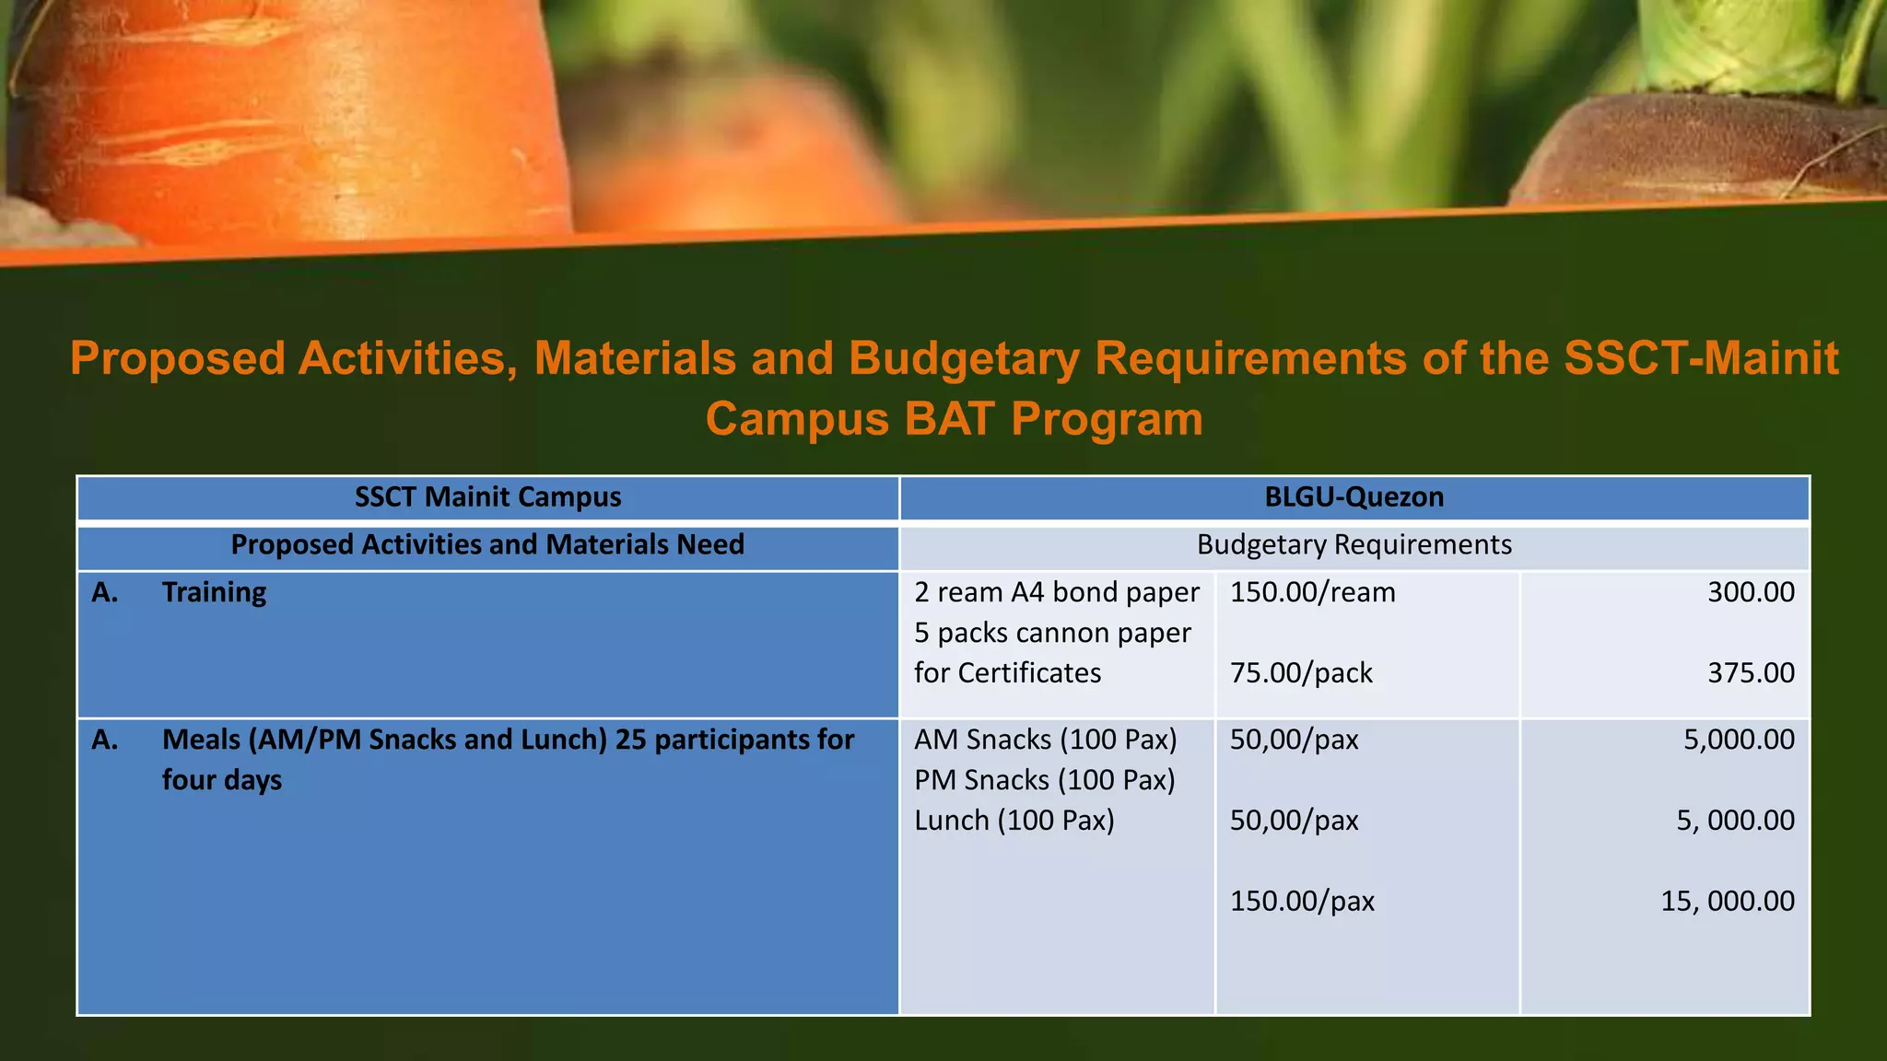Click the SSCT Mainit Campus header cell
[487, 497]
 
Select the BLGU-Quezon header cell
[1354, 497]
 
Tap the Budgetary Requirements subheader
[1354, 545]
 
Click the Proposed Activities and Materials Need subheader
[487, 545]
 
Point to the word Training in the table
[214, 592]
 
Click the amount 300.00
[1751, 592]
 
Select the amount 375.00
[1751, 673]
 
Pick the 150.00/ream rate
[1312, 592]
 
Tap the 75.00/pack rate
[1301, 673]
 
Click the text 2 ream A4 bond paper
[1057, 592]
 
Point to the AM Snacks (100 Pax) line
[1046, 740]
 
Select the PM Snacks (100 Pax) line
[1045, 780]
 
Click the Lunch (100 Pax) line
[1014, 821]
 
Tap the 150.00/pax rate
[1302, 901]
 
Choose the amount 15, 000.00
[1728, 901]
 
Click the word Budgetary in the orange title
[964, 358]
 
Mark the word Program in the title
[1107, 419]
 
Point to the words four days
[222, 780]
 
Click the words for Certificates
[1007, 673]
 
